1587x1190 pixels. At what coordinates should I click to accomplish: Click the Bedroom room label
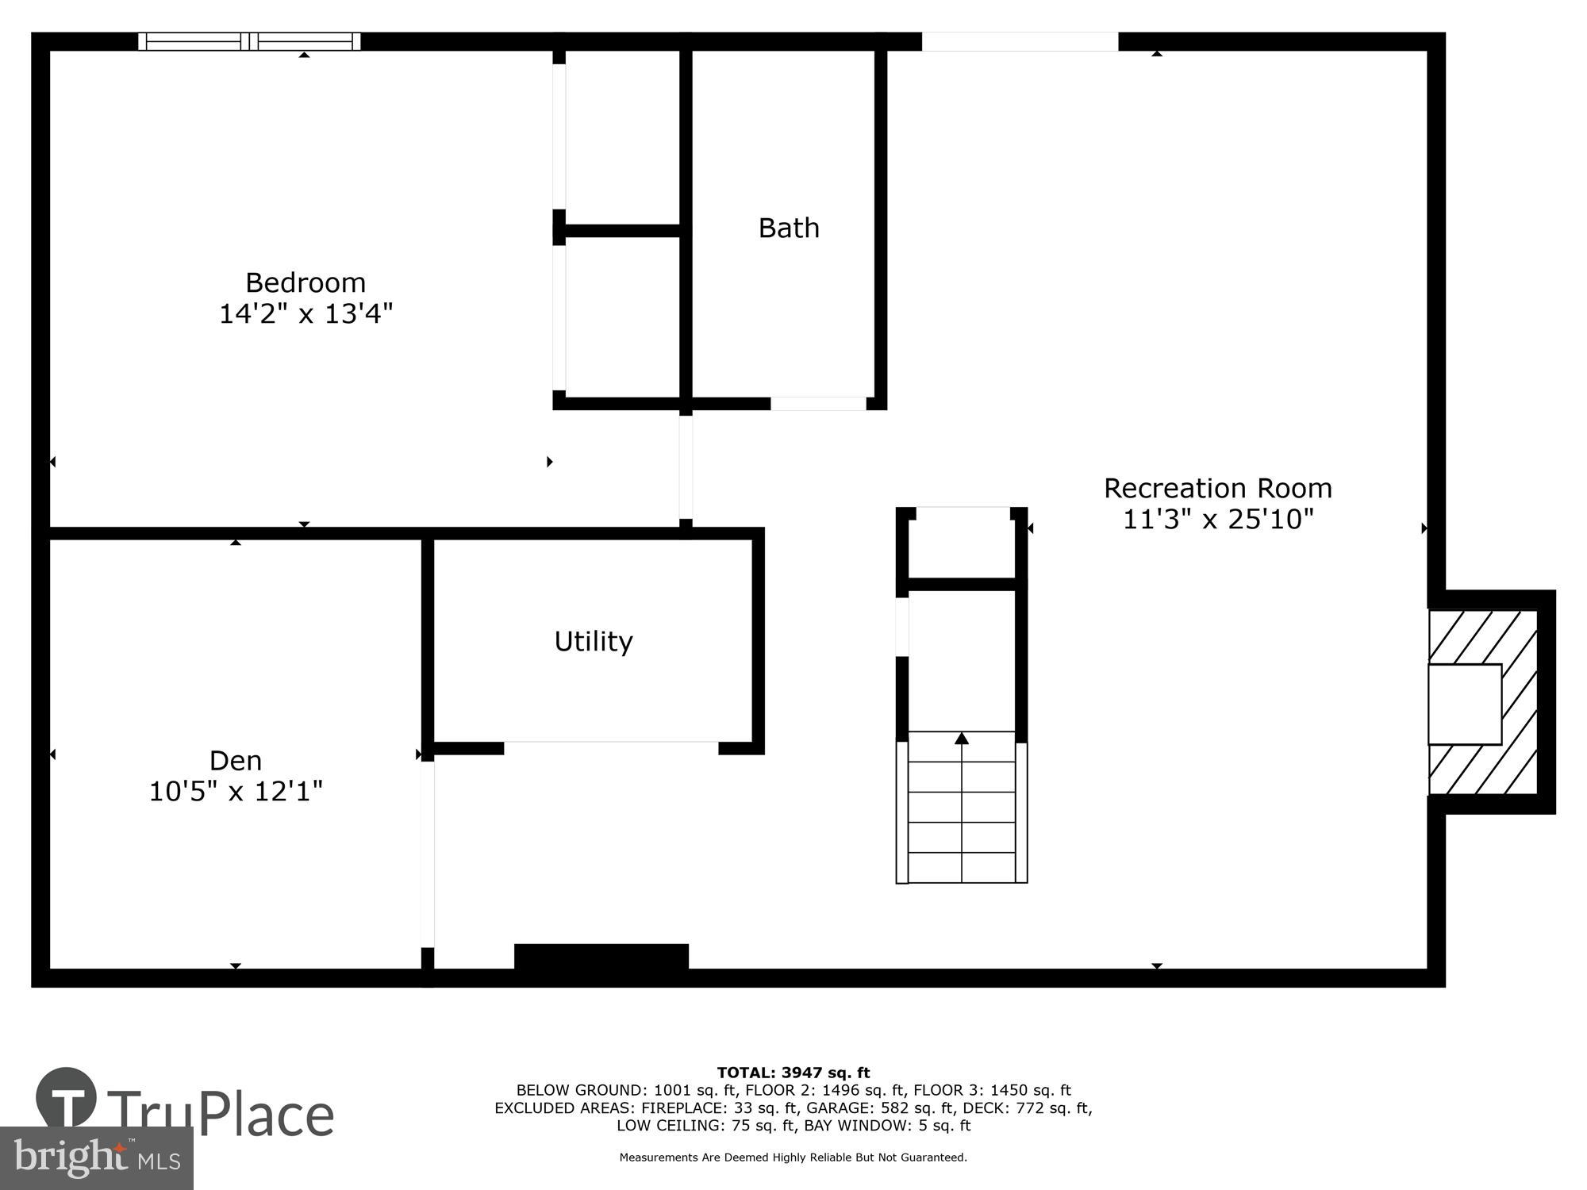(x=305, y=282)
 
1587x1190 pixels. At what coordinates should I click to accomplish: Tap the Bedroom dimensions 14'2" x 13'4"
(x=305, y=314)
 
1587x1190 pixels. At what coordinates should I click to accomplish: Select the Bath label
(x=788, y=228)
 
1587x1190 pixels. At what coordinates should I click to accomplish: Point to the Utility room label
(x=593, y=641)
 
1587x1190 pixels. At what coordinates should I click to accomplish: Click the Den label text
(x=236, y=761)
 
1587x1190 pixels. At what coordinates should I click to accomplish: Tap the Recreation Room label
(x=1217, y=488)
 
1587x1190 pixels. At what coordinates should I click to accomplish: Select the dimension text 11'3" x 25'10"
(x=1217, y=520)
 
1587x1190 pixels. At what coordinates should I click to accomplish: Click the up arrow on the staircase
(x=962, y=739)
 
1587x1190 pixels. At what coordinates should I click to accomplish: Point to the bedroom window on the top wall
(x=249, y=41)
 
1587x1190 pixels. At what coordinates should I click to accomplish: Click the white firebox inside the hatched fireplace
(x=1464, y=704)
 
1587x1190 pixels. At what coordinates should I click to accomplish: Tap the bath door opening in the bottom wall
(x=818, y=404)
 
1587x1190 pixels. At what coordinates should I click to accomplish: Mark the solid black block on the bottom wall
(x=601, y=956)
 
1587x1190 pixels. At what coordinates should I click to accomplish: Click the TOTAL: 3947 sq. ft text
(x=793, y=1073)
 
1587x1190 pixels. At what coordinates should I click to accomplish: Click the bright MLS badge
(x=96, y=1158)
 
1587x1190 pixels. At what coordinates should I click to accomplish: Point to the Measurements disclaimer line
(x=793, y=1157)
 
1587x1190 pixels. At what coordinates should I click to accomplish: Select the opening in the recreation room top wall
(x=1020, y=41)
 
